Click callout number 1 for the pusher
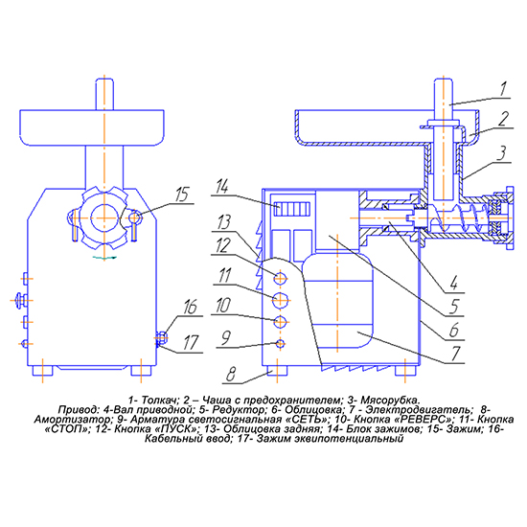(x=503, y=89)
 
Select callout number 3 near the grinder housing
(x=502, y=153)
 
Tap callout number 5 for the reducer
(x=454, y=307)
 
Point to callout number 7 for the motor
(x=456, y=354)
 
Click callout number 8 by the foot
(x=231, y=374)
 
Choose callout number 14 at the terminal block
(x=222, y=186)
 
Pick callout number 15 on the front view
(x=182, y=195)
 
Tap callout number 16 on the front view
(x=190, y=308)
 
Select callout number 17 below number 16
(x=191, y=343)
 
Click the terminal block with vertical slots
(x=291, y=209)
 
